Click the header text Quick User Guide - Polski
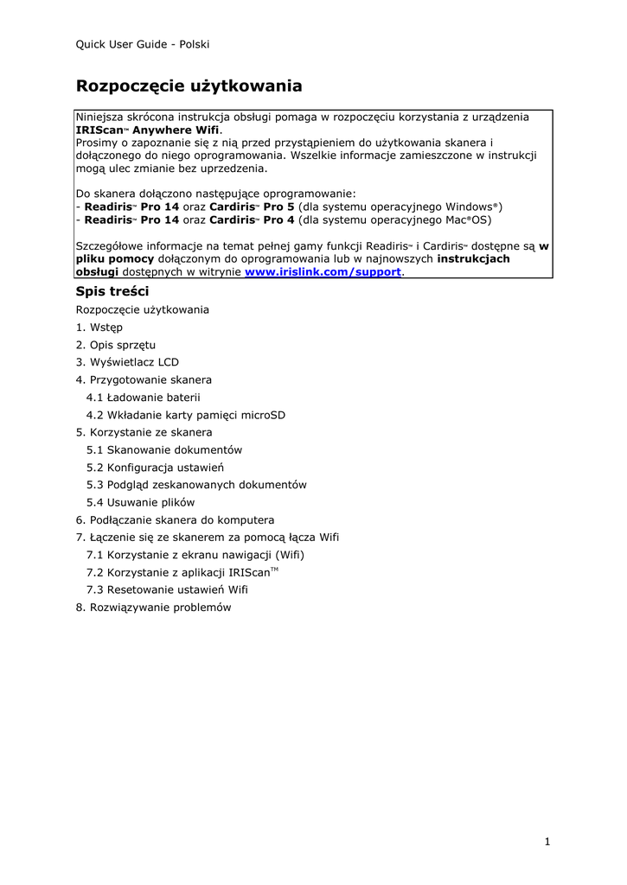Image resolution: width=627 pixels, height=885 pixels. point(143,44)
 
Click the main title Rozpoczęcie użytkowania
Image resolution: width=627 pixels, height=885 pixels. point(189,86)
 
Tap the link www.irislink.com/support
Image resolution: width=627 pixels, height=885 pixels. point(323,271)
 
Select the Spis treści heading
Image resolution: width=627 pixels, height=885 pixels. point(112,291)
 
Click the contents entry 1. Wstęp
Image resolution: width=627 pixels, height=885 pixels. point(99,328)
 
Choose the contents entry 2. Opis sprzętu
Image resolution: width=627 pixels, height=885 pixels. point(116,345)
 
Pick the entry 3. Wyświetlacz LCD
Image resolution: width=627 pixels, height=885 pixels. point(127,362)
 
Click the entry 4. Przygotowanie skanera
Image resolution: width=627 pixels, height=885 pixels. point(144,379)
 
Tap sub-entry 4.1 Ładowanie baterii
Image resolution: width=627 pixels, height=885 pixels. point(143,398)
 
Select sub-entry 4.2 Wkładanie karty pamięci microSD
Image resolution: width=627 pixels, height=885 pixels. point(185,415)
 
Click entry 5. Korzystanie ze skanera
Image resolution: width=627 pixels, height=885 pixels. point(144,432)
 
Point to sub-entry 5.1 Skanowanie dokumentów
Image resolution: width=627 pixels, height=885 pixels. point(163,449)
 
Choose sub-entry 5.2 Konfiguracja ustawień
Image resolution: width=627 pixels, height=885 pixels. point(155,468)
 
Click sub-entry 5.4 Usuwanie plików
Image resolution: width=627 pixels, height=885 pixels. point(140,502)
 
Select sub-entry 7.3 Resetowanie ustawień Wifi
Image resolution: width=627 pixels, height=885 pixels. point(167,589)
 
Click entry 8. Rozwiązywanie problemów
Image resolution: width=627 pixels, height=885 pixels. point(154,607)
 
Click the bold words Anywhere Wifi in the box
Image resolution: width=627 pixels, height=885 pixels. point(182,130)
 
